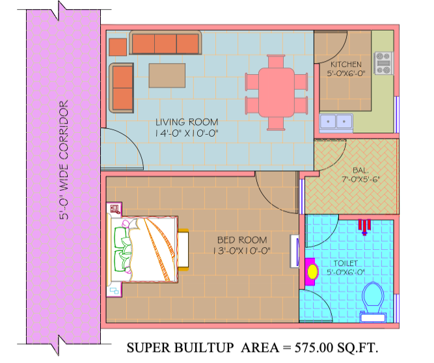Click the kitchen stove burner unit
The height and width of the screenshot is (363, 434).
click(384, 63)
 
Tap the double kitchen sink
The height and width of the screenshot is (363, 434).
click(336, 122)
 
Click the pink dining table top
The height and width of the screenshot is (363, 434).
click(277, 92)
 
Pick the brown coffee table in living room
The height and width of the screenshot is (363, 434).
click(167, 75)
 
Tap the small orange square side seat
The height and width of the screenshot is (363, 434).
click(118, 47)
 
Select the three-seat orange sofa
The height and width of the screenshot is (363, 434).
click(165, 42)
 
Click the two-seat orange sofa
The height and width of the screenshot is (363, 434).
click(122, 88)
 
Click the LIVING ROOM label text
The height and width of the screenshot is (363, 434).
click(187, 122)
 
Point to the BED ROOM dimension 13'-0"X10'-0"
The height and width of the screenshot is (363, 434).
click(241, 251)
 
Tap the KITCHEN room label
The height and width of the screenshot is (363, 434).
click(346, 64)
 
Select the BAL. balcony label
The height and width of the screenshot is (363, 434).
click(360, 170)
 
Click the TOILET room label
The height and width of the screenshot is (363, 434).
click(346, 263)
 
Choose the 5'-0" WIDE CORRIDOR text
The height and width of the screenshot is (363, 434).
click(64, 160)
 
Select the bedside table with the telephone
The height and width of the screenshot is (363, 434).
click(115, 208)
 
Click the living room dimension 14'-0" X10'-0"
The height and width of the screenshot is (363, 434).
click(187, 133)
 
